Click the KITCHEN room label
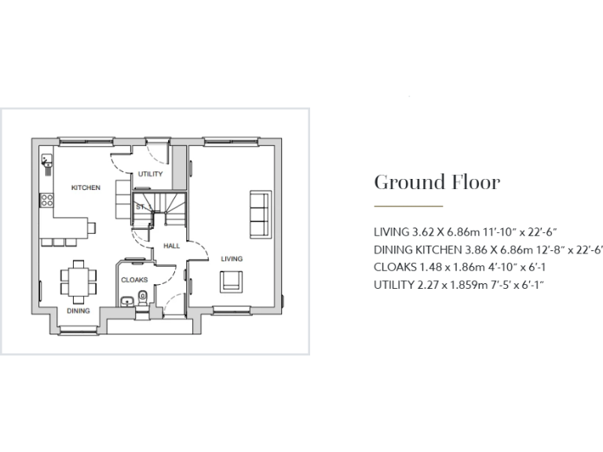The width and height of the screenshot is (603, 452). pyautogui.click(x=86, y=188)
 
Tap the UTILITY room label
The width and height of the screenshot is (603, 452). pyautogui.click(x=150, y=174)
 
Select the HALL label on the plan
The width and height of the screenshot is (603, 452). pyautogui.click(x=171, y=246)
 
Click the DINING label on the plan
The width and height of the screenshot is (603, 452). pyautogui.click(x=78, y=311)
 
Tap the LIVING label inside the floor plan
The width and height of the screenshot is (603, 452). pyautogui.click(x=231, y=259)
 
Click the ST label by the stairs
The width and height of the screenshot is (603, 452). pyautogui.click(x=139, y=207)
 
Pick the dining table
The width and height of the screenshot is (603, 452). pyautogui.click(x=79, y=279)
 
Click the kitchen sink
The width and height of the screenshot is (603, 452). pyautogui.click(x=48, y=164)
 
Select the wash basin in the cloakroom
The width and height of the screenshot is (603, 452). pyautogui.click(x=126, y=301)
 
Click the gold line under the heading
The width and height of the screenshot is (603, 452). pyautogui.click(x=408, y=206)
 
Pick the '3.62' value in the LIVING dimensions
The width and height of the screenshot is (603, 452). pyautogui.click(x=424, y=232)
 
